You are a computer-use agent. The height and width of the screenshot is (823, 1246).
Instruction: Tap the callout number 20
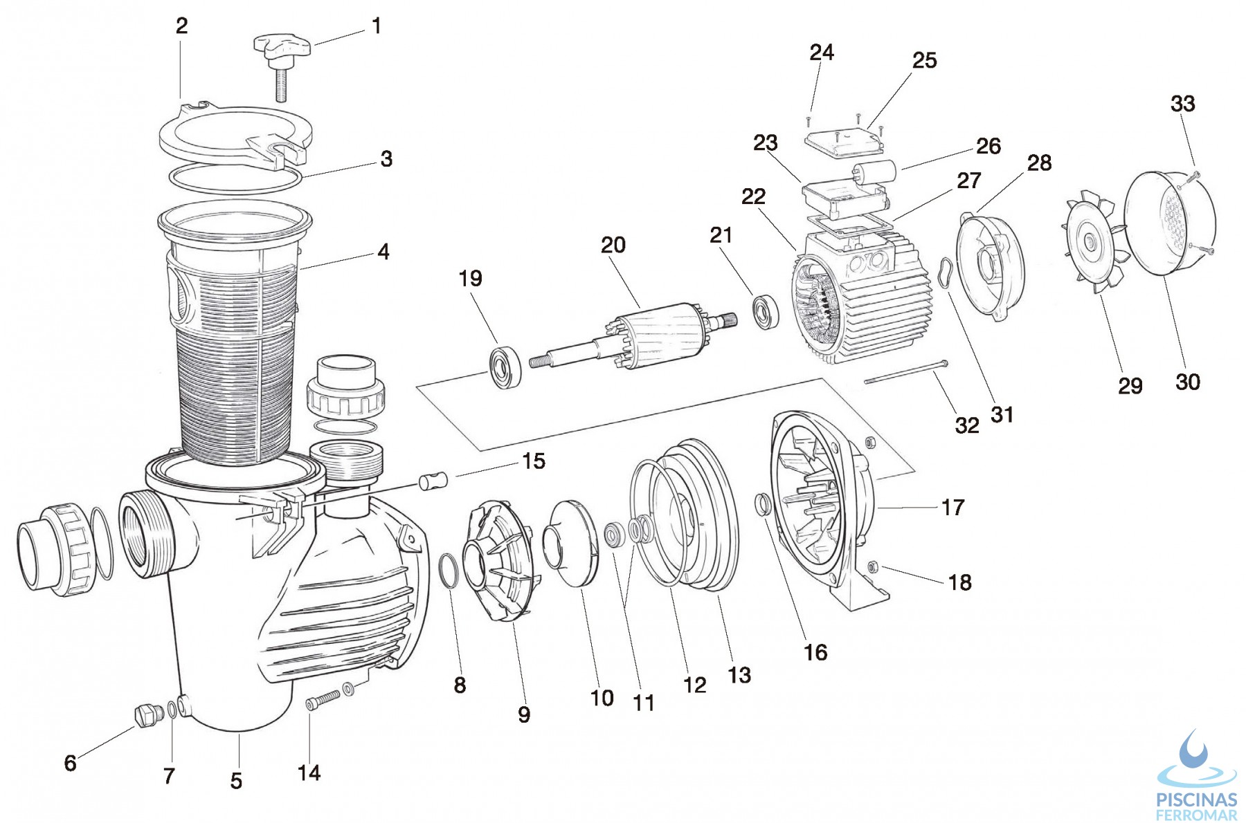[613, 245]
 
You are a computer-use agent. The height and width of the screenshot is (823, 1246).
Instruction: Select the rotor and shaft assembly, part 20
[633, 337]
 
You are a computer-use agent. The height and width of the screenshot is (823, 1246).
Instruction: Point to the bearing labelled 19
[505, 368]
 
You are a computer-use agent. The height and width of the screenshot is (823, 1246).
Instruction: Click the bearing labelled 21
[766, 312]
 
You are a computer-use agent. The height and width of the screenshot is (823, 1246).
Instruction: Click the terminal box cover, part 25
[845, 142]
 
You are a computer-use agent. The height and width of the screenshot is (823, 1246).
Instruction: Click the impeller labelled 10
[570, 544]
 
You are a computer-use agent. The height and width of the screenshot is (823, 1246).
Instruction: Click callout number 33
[1182, 104]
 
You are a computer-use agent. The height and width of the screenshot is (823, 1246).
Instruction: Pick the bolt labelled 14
[323, 700]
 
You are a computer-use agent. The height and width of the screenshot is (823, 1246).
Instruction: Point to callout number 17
[952, 508]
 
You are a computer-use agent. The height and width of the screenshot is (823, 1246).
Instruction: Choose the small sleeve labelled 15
[433, 480]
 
